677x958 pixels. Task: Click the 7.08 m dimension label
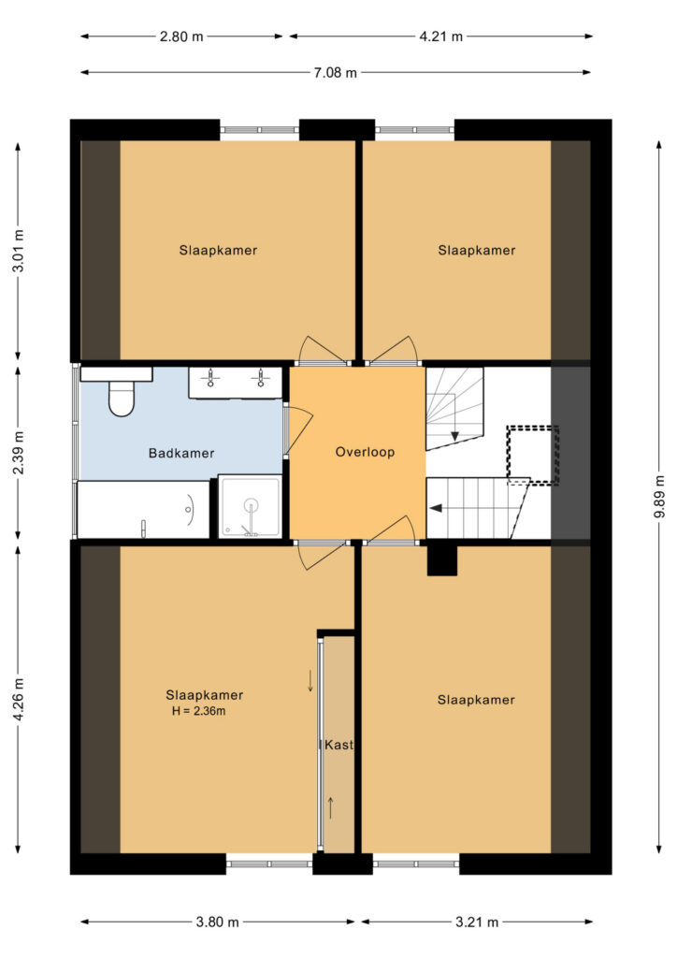coord(335,73)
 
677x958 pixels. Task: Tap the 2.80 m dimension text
coord(181,36)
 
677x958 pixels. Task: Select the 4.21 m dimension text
coord(440,36)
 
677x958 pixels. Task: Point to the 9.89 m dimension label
coord(659,496)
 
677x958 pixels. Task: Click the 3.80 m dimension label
coord(217,922)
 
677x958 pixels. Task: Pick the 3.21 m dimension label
coord(477,922)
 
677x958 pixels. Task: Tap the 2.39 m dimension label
coord(19,452)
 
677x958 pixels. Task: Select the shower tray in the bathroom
coord(251,507)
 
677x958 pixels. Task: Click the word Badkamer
coord(181,454)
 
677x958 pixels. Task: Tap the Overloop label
coord(365,452)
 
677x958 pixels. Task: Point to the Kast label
coord(338,745)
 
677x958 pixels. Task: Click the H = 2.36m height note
coord(199,711)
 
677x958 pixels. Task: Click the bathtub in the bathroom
coord(143,510)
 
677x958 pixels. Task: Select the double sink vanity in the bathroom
coord(235,383)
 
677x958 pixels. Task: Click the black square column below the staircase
coord(442,560)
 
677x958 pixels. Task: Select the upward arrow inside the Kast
coord(330,808)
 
